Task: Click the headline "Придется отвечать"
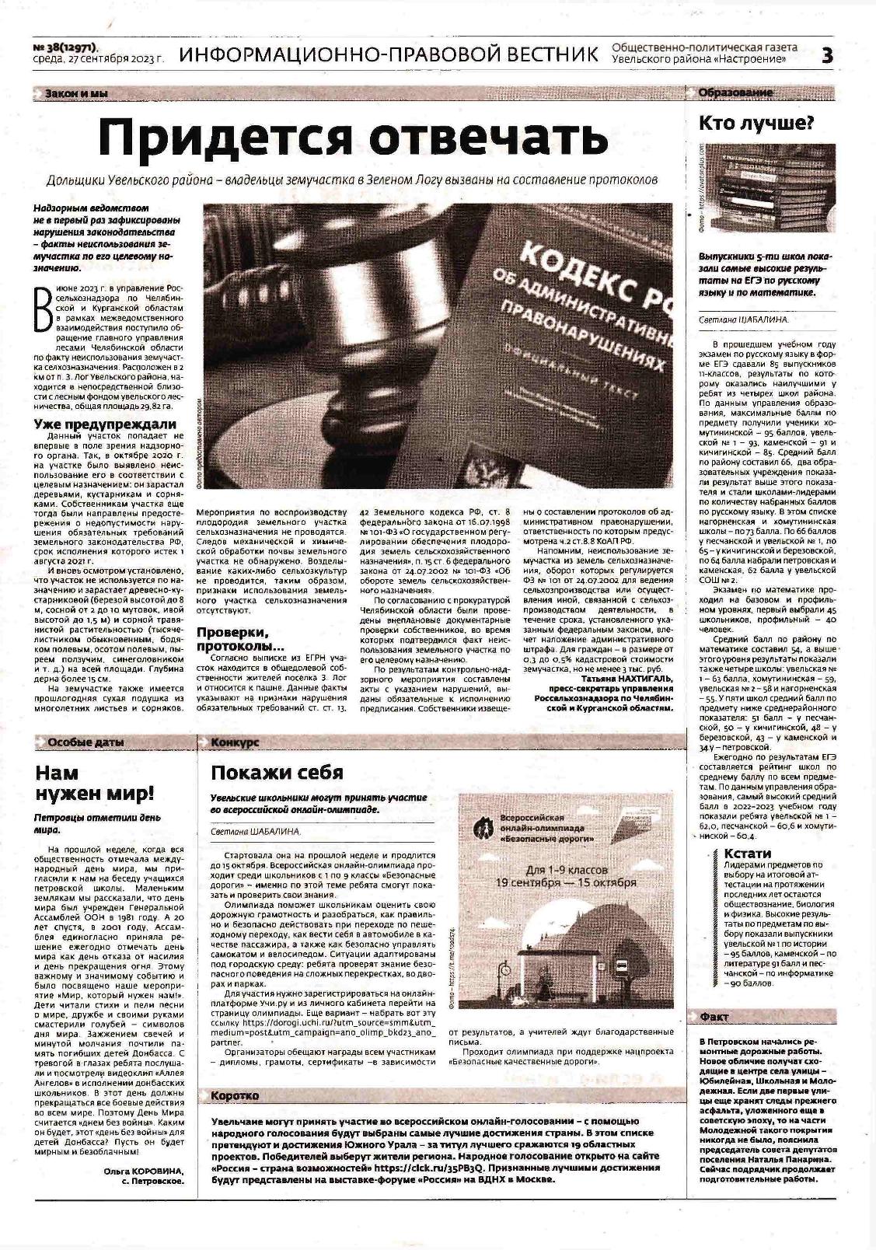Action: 353,138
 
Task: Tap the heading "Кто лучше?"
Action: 756,123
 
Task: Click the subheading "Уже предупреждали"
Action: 105,424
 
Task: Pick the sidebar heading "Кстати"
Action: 747,854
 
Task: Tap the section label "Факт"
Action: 714,1016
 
